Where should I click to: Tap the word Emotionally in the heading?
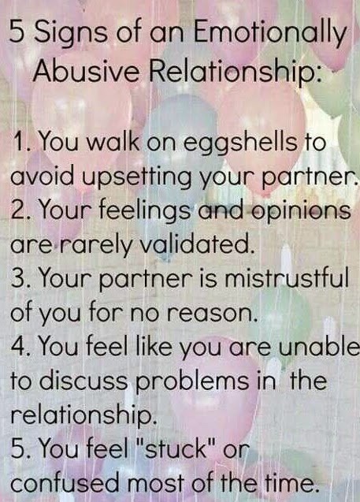pyautogui.click(x=269, y=34)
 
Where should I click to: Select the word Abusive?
pyautogui.click(x=86, y=70)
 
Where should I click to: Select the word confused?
pyautogui.click(x=65, y=482)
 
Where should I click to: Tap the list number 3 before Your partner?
pyautogui.click(x=17, y=278)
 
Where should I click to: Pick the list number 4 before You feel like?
pyautogui.click(x=17, y=347)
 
